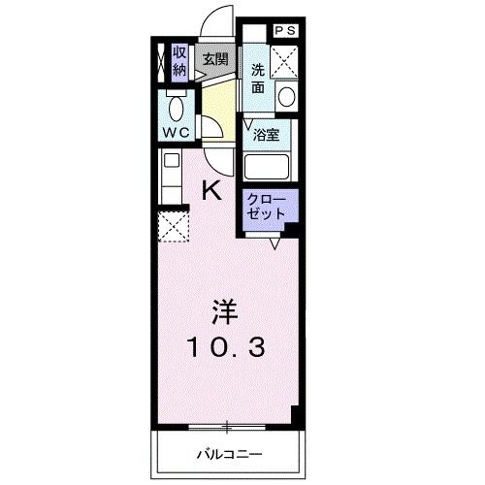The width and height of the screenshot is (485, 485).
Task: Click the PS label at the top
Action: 285,30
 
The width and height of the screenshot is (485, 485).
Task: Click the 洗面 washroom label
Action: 258,78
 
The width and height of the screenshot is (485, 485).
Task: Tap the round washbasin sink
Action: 285,95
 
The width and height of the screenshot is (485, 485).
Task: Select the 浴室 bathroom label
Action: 267,137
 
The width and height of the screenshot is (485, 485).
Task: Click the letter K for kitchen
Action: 211,190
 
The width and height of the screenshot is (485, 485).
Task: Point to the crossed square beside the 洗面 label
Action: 285,62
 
